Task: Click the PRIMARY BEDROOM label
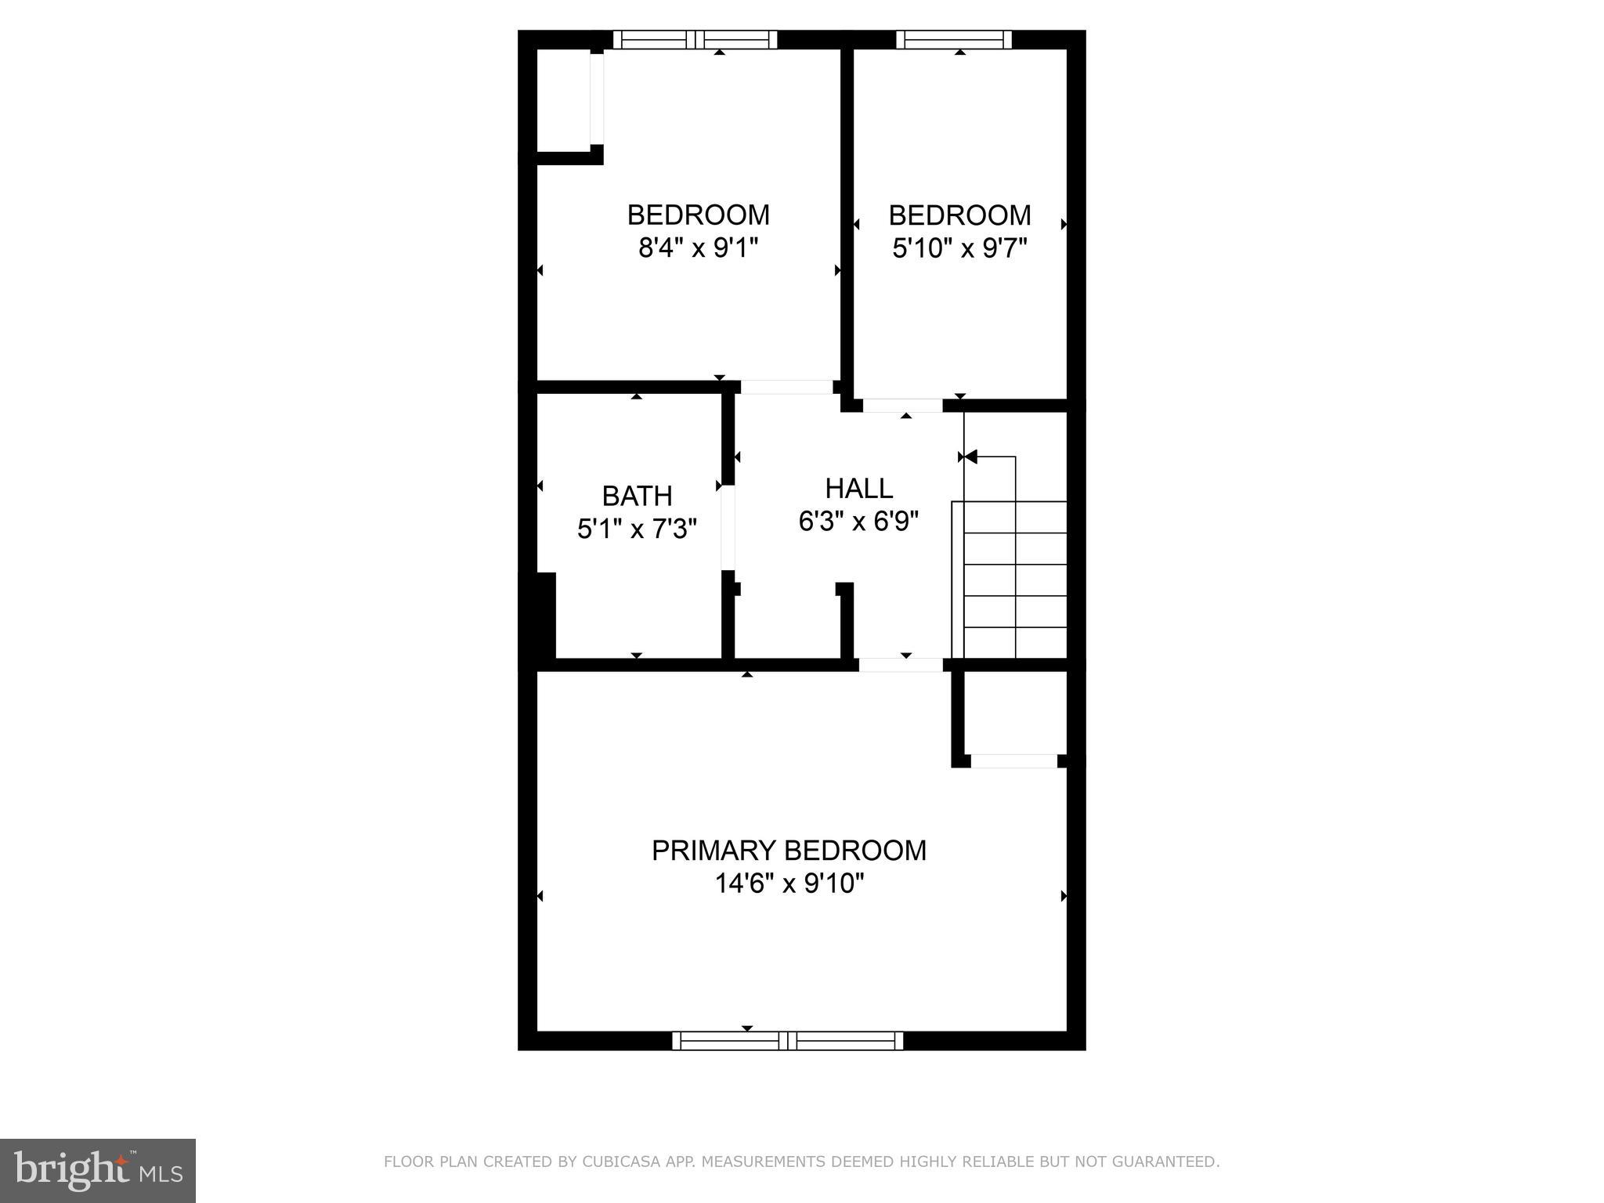click(789, 851)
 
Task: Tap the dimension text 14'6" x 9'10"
click(789, 884)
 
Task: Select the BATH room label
click(637, 496)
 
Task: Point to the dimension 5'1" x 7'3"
click(637, 529)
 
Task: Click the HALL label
click(858, 489)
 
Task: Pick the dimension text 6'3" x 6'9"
click(858, 522)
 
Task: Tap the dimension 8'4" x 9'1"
click(698, 248)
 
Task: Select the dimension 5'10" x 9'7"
click(959, 248)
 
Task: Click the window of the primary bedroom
click(787, 1041)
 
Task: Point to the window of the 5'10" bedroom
click(954, 40)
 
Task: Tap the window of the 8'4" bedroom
click(695, 40)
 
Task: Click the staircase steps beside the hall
click(1015, 580)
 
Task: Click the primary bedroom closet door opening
click(1014, 760)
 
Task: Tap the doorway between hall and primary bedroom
click(901, 665)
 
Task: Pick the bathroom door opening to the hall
click(728, 527)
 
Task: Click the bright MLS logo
click(98, 1170)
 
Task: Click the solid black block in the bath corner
click(545, 615)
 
